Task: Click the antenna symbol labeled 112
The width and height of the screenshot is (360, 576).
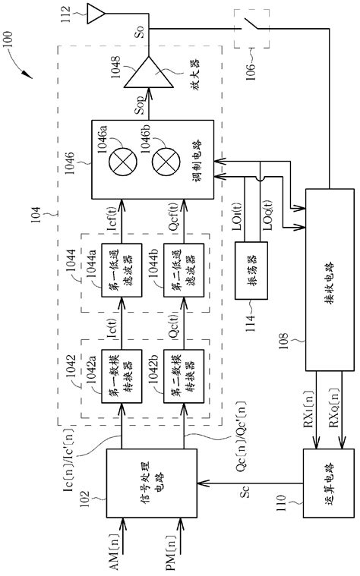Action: pyautogui.click(x=96, y=12)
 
